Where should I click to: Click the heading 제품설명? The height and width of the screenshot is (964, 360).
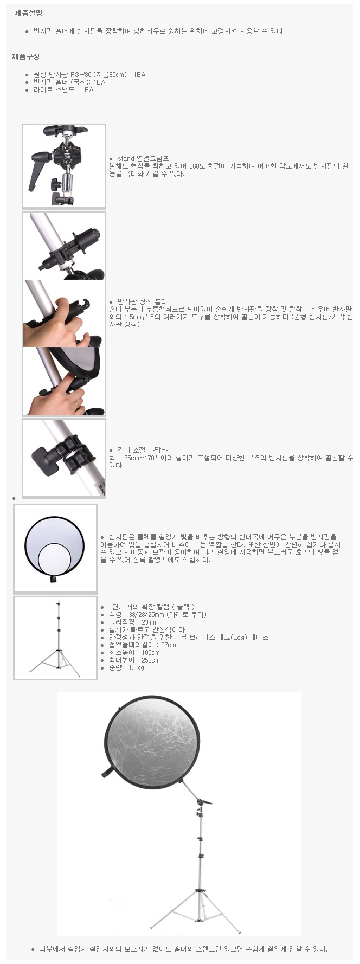coord(28,14)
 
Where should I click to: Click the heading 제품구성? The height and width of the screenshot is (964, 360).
coord(25,56)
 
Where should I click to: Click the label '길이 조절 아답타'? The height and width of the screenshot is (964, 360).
coord(143,450)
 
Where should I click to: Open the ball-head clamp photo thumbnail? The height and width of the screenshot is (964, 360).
coord(64,166)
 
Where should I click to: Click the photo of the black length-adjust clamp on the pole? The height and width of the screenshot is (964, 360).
coord(64,458)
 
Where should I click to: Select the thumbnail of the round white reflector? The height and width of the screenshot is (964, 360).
coord(55,548)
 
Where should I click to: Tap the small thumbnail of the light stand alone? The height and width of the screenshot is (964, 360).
coord(55,638)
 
